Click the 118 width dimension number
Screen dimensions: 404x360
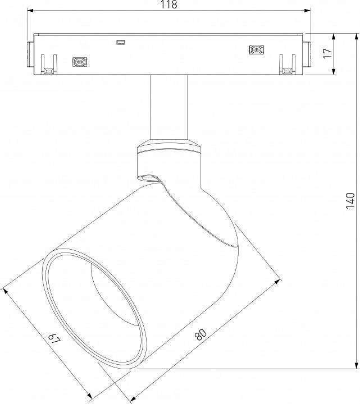pos(168,5)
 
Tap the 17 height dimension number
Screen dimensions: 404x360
pos(328,54)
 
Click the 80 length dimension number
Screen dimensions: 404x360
pos(200,334)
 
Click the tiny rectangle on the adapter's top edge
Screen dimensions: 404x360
pos(120,42)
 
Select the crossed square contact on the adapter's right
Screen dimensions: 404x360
pos(256,50)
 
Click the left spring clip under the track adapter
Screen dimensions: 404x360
pos(49,65)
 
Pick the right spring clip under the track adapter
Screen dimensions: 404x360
pos(287,65)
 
